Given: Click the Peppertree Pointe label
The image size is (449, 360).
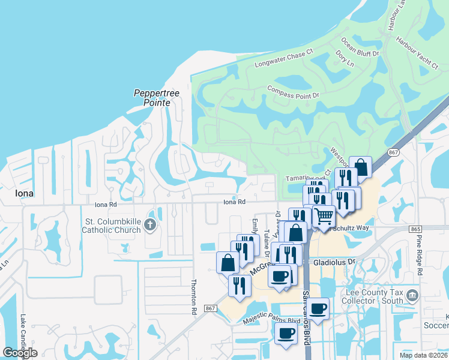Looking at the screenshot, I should (x=152, y=98).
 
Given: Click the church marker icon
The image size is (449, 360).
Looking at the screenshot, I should (x=150, y=225).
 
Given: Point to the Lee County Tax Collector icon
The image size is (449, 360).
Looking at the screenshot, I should (x=412, y=295).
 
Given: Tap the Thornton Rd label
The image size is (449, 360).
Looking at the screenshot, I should (x=193, y=298).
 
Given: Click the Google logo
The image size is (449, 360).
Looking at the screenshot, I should (x=20, y=353).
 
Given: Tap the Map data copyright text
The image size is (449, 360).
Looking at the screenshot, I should (x=423, y=355).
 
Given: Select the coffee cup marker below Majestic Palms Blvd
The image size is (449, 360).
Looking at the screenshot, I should (x=286, y=334).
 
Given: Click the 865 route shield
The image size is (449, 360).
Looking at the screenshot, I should (x=417, y=229).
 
